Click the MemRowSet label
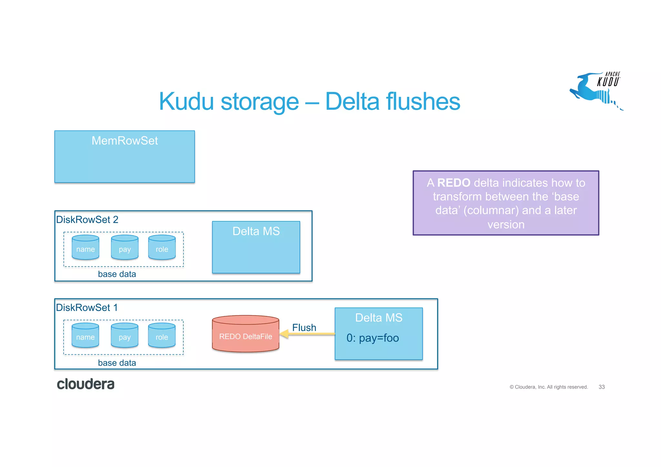coord(125,141)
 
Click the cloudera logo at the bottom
coord(86,384)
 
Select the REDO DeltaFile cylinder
coord(246,334)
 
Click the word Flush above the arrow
coord(304,327)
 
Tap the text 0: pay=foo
coord(372,338)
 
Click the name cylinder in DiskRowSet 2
coord(86,248)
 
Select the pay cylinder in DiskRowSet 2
coord(125,248)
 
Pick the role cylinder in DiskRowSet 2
coord(162,248)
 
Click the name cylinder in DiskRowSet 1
coord(86,336)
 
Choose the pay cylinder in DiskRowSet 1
coord(125,336)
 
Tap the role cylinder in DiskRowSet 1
coord(162,336)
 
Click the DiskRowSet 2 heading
coord(87,219)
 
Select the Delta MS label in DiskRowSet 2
coord(256,231)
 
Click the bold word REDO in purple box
coord(453,183)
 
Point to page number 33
coord(602,387)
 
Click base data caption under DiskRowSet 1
coord(117,363)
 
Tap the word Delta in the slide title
coord(352,101)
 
